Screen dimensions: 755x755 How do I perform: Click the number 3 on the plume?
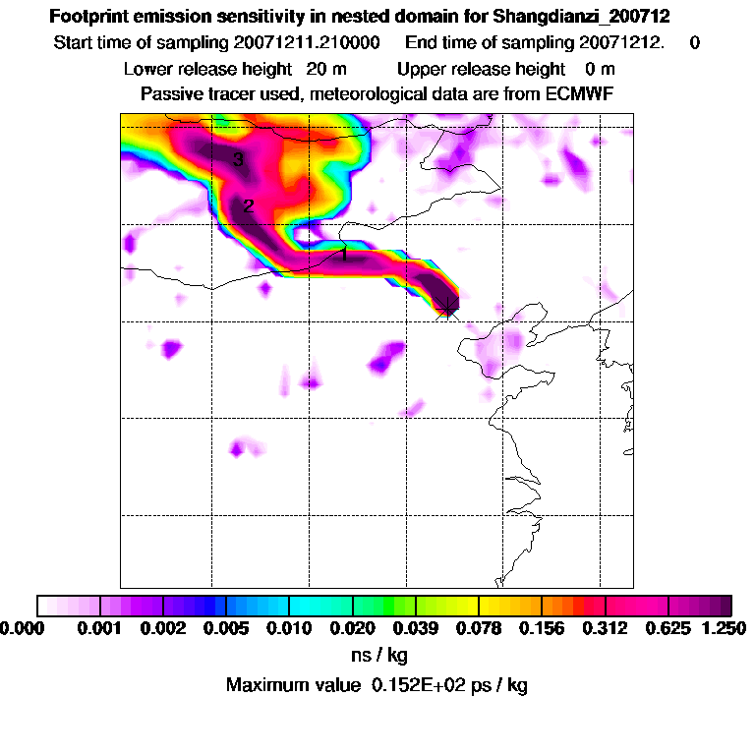(238, 160)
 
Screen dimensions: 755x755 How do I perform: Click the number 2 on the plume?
(248, 206)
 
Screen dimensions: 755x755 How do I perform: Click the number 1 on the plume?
(343, 254)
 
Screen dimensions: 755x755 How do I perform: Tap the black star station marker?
(447, 307)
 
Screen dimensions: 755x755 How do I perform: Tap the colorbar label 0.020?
(353, 628)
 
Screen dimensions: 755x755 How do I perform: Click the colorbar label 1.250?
(724, 628)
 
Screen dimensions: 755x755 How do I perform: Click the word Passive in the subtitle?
(169, 93)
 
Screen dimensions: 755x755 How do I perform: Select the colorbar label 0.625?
(668, 628)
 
